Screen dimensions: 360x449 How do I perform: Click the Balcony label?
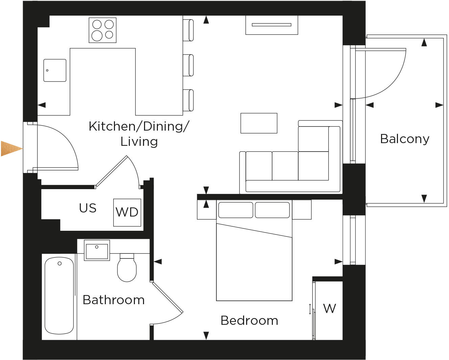tap(404, 139)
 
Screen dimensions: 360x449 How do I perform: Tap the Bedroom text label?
tap(249, 320)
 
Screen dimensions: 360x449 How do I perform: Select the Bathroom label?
tap(114, 300)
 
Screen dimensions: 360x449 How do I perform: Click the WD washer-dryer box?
tap(127, 212)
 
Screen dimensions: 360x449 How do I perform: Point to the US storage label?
tap(88, 208)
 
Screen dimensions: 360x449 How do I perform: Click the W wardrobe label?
tap(329, 309)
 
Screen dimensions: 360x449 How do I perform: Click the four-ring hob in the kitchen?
tap(102, 30)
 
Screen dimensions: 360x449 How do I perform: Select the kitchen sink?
tap(55, 70)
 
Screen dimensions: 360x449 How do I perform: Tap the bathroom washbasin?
tap(97, 251)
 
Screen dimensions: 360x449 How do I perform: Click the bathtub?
tap(59, 296)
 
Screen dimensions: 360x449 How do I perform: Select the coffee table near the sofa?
tap(259, 123)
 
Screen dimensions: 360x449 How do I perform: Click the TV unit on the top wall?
tap(271, 25)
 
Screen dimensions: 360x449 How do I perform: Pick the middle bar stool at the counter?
tap(188, 65)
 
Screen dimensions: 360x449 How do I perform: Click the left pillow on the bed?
tap(235, 210)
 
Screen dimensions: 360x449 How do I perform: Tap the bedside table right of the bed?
tap(302, 209)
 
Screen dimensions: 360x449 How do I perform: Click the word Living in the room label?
tap(139, 141)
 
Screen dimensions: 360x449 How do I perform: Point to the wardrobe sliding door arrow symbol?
tap(310, 309)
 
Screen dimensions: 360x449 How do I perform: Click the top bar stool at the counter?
tap(188, 30)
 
